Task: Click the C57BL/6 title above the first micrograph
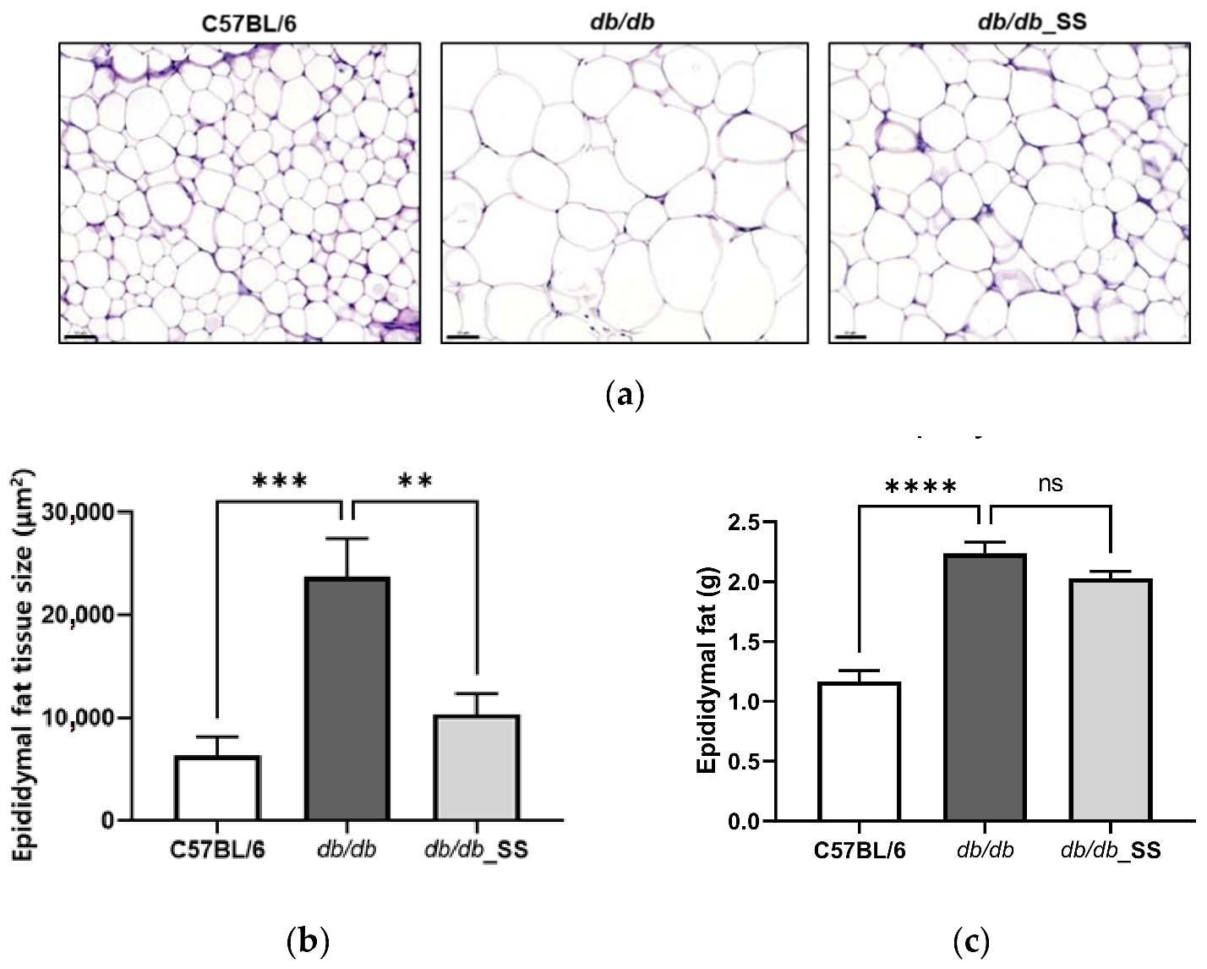click(x=248, y=23)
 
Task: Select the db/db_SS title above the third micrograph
click(x=1031, y=21)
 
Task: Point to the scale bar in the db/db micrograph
click(x=462, y=337)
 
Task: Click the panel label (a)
click(x=625, y=395)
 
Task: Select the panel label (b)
click(x=307, y=940)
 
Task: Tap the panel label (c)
click(x=970, y=940)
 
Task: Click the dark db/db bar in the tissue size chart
click(x=347, y=698)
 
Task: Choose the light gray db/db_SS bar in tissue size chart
click(x=477, y=768)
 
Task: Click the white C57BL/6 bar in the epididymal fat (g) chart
click(x=859, y=752)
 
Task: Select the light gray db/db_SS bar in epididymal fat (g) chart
click(x=1110, y=700)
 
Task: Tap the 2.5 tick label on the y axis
click(x=745, y=523)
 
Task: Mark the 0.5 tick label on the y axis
click(x=745, y=762)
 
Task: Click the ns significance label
click(x=1050, y=484)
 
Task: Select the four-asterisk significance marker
click(x=920, y=488)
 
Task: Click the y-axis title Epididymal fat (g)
click(x=707, y=668)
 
